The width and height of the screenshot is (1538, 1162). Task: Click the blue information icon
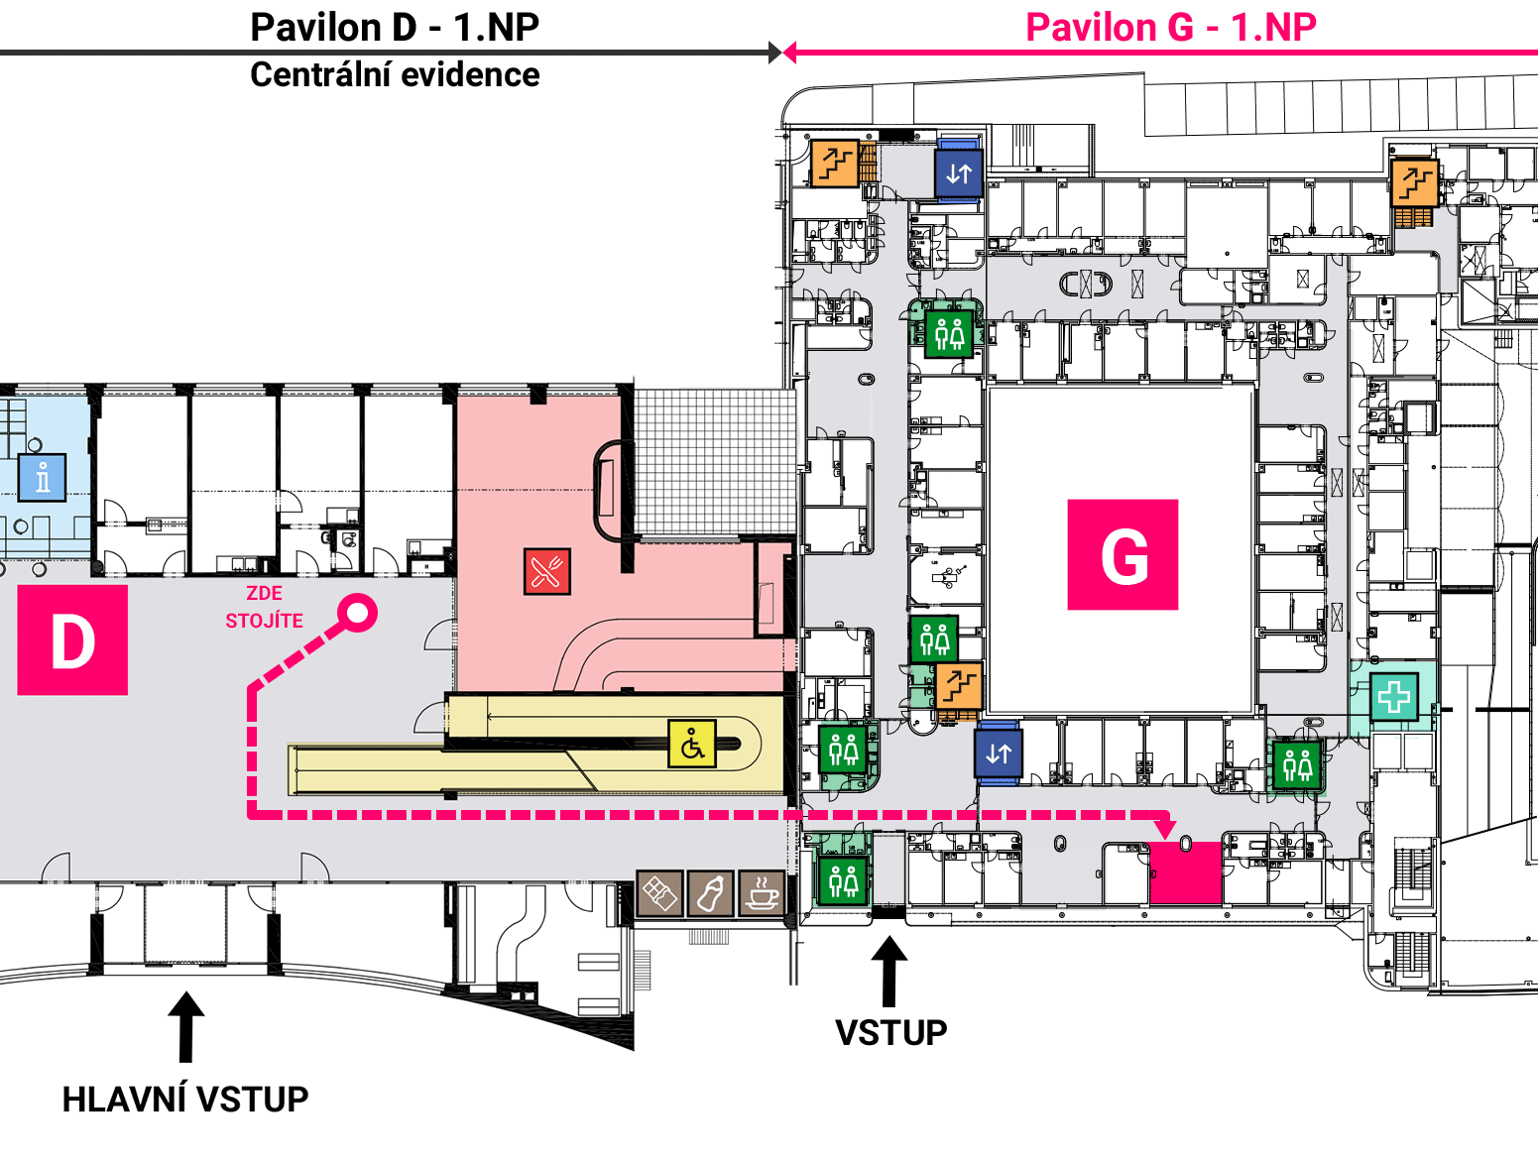pos(42,478)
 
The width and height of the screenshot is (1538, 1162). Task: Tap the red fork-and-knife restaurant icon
pos(546,571)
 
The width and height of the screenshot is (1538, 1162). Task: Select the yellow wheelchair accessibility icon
pos(692,744)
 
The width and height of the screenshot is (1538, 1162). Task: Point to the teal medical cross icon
pos(1393,696)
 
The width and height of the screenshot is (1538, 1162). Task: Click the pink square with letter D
pos(72,640)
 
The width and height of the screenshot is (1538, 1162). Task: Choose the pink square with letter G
pos(1123,555)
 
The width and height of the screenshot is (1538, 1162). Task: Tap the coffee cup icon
pos(762,893)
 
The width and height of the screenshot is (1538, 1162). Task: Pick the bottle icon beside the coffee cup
pos(710,893)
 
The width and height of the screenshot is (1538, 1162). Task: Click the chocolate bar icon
pos(659,893)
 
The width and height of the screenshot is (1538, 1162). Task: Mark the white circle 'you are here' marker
pos(357,614)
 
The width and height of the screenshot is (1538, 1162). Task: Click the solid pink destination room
pos(1186,872)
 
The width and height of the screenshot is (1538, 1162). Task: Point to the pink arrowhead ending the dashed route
pos(1164,830)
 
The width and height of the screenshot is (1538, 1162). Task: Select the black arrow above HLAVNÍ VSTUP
pos(185,1027)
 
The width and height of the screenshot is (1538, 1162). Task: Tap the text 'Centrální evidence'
pos(396,75)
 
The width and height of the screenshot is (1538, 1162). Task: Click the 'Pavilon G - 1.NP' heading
pos(1171,28)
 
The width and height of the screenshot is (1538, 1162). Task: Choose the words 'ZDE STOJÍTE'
pos(264,607)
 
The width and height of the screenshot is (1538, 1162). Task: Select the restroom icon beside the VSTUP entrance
pos(844,880)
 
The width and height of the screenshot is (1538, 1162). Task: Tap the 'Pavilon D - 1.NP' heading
pos(396,28)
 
